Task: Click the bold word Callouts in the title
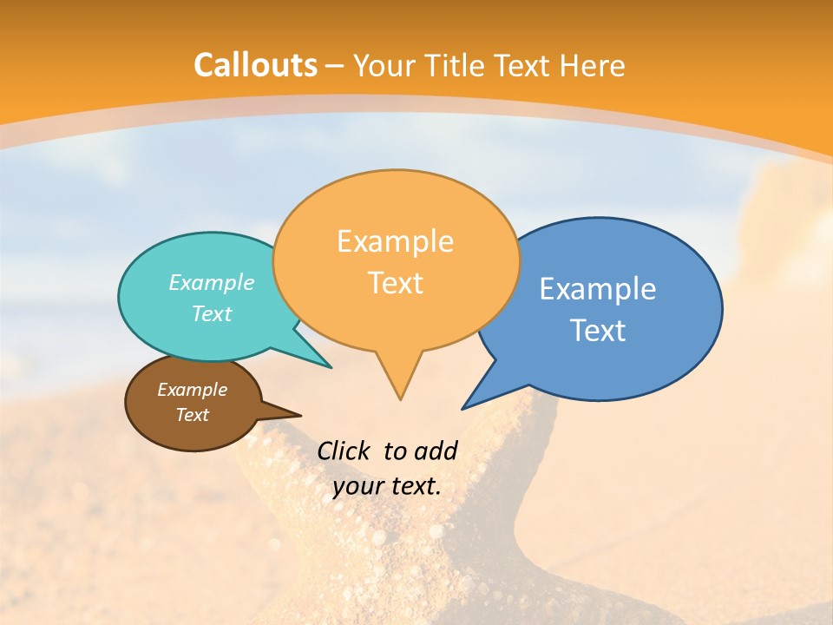(x=255, y=65)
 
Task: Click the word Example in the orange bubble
(x=395, y=241)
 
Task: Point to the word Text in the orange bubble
(x=395, y=283)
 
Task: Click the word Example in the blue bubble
(x=598, y=289)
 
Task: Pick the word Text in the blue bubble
(x=598, y=331)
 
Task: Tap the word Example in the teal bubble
(x=212, y=282)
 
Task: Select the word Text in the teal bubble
(x=212, y=313)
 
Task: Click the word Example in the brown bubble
(x=192, y=390)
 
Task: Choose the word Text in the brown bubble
(x=192, y=415)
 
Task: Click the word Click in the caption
(x=343, y=451)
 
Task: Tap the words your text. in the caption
(x=387, y=486)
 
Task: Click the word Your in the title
(x=380, y=65)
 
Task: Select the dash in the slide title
(x=335, y=65)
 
